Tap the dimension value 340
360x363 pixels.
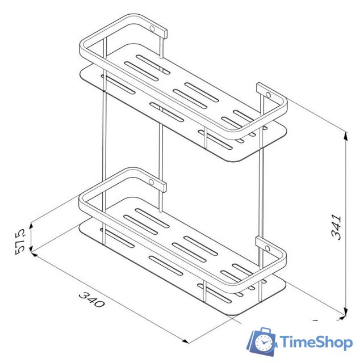[x=91, y=299]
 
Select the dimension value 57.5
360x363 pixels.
[x=20, y=240]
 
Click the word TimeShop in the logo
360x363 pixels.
[x=317, y=342]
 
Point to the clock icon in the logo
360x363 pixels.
[x=263, y=343]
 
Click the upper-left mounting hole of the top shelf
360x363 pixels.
[x=152, y=28]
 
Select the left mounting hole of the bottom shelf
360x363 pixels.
[x=152, y=181]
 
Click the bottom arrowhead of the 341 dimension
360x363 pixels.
[x=346, y=312]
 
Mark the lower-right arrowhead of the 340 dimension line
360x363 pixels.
[x=185, y=341]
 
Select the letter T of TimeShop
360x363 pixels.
[x=283, y=342]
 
